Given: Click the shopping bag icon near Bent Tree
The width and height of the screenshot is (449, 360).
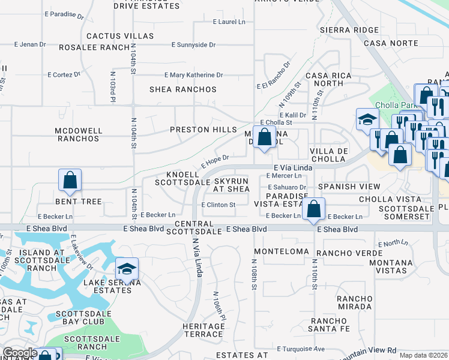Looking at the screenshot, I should (x=70, y=180).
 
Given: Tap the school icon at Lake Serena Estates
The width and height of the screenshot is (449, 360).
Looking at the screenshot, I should (x=127, y=269).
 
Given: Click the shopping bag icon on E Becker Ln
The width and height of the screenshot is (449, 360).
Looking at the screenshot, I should (x=313, y=209).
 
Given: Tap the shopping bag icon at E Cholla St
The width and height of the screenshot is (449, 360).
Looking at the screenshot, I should (x=264, y=137).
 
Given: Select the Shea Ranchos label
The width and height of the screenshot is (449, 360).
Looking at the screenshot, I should (x=183, y=89).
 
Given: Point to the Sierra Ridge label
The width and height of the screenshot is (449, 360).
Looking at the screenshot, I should (x=350, y=29).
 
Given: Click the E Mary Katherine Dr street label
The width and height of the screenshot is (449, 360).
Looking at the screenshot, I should (x=194, y=75).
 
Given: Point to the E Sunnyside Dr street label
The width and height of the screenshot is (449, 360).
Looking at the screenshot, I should (x=193, y=45).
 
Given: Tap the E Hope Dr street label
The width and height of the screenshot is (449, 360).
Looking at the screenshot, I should (x=215, y=161).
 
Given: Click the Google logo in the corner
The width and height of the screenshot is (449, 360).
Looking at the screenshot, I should (x=20, y=353).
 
